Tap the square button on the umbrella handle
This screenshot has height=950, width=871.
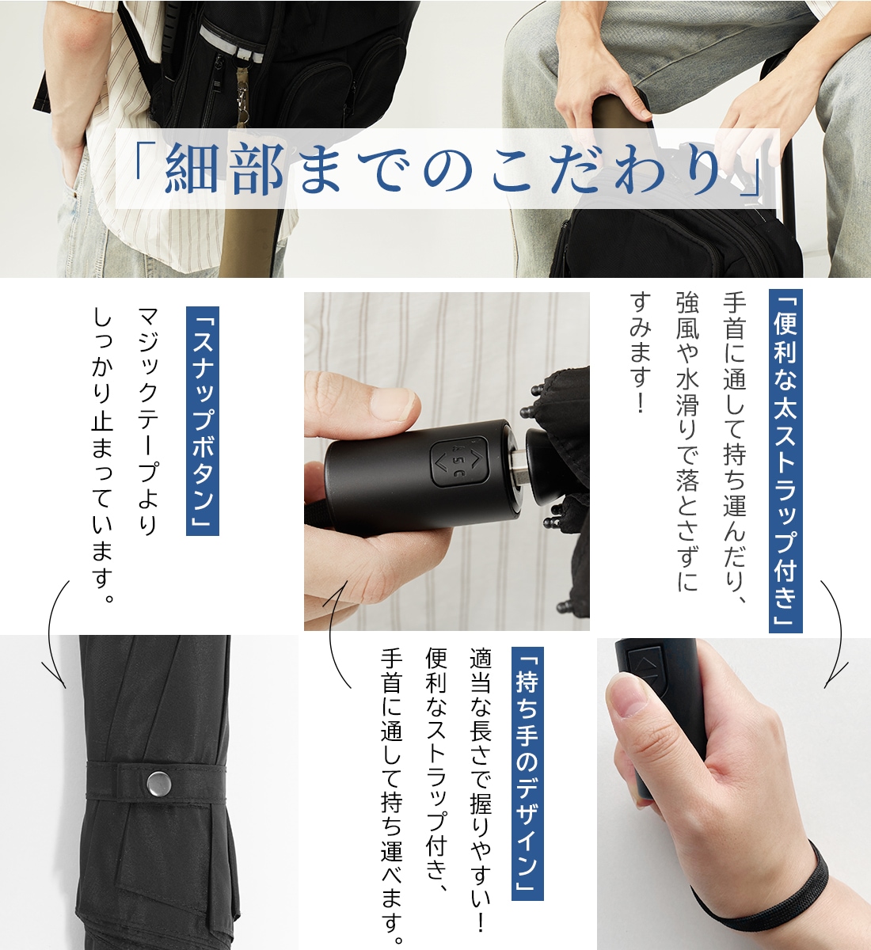click(x=459, y=462)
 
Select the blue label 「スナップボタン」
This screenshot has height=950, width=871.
click(x=203, y=421)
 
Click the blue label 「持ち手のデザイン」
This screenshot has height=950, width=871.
click(x=527, y=771)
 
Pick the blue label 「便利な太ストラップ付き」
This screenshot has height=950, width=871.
click(x=785, y=461)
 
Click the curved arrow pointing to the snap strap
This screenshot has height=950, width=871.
click(x=55, y=635)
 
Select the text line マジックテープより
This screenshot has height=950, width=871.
click(x=147, y=421)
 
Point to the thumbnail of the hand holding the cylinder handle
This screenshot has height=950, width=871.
click(x=396, y=404)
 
